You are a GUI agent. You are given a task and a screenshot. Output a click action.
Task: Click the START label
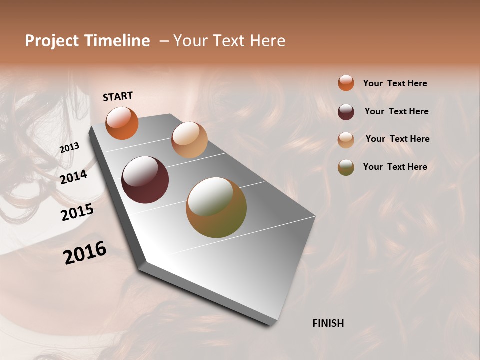(x=118, y=96)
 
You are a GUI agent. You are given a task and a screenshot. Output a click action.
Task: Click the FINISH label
(x=328, y=323)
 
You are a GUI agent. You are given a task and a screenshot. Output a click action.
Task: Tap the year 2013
(x=69, y=147)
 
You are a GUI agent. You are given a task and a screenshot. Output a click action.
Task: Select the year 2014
(x=73, y=177)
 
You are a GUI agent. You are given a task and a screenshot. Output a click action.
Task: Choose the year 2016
(x=85, y=252)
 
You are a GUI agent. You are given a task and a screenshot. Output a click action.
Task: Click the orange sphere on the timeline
(x=122, y=123)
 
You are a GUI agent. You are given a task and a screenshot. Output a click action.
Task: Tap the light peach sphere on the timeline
(x=189, y=139)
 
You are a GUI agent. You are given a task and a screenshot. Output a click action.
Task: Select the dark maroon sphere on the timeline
(x=145, y=180)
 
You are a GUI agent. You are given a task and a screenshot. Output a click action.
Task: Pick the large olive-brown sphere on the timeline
(x=216, y=207)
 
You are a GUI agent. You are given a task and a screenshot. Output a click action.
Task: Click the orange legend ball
(x=346, y=83)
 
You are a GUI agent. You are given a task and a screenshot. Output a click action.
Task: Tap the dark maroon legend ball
(x=346, y=111)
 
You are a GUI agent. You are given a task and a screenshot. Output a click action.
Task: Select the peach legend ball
(x=346, y=139)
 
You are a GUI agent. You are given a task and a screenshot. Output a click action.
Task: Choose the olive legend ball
(x=346, y=167)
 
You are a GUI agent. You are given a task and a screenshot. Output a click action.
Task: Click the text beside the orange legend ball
(x=395, y=83)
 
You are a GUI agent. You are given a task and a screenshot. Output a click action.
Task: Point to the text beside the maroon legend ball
(x=396, y=111)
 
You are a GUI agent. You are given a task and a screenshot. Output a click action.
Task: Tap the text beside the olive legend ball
(x=395, y=167)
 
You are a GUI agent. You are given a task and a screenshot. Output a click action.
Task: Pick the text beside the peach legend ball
(x=397, y=139)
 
